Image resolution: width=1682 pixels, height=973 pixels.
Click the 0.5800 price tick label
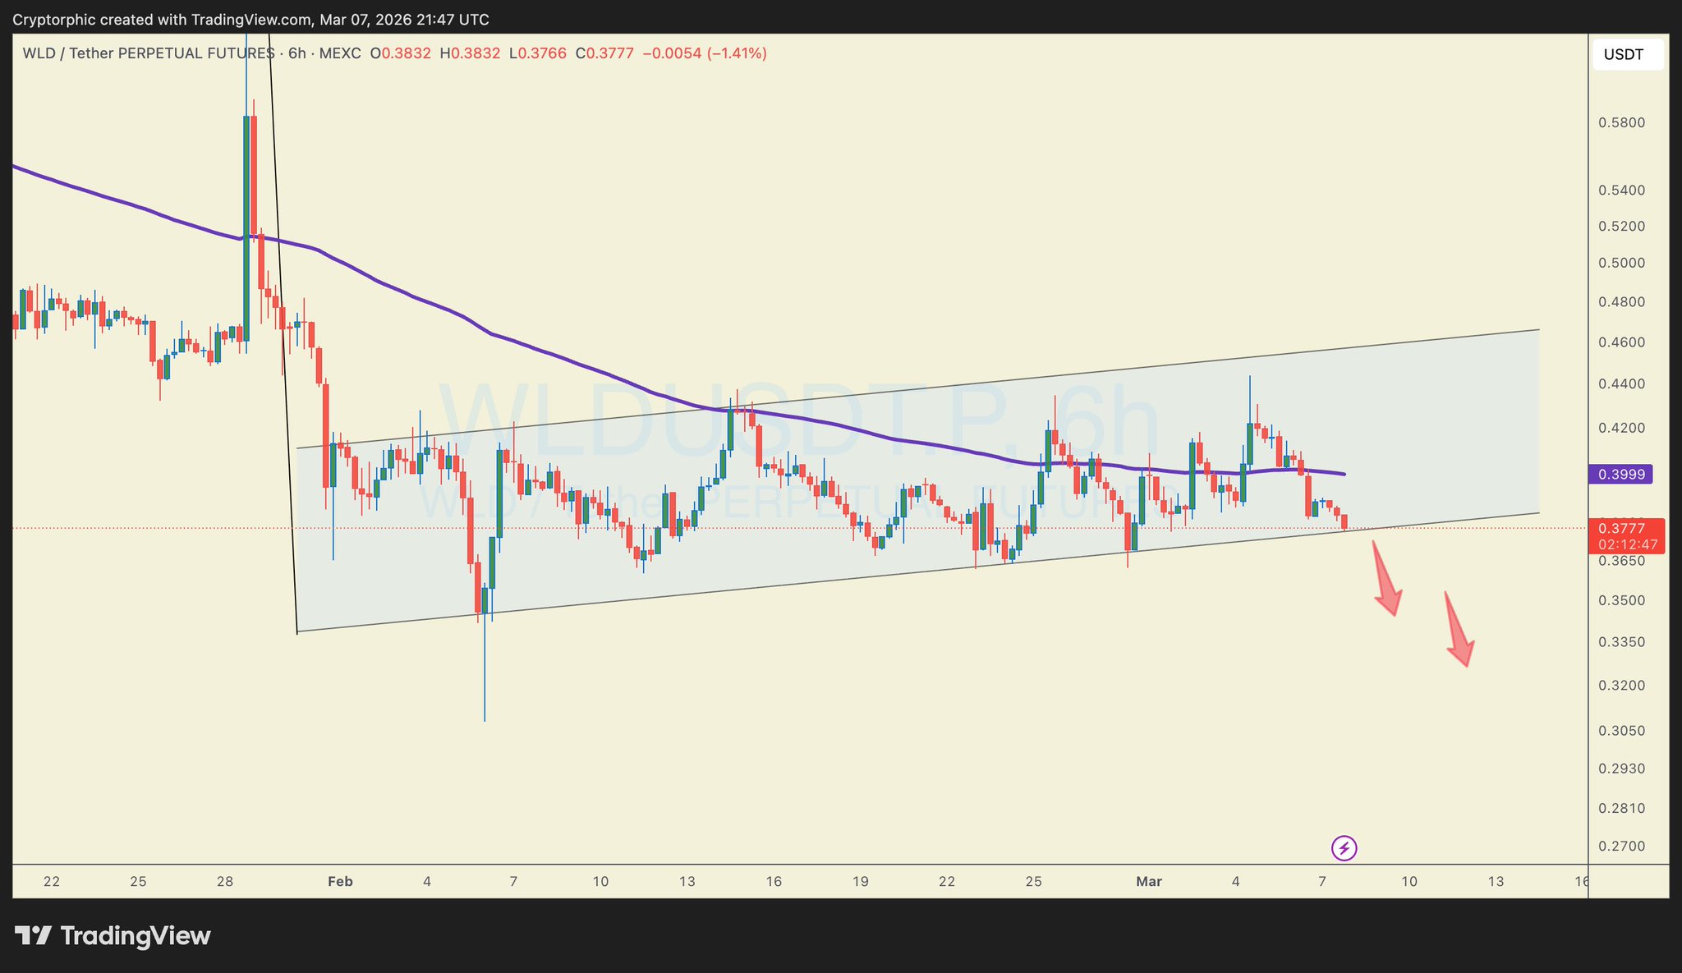[1621, 123]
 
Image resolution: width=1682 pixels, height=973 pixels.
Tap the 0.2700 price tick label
[1621, 846]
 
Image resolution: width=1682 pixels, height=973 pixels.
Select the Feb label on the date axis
[340, 882]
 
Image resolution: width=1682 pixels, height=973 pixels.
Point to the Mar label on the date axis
[1149, 882]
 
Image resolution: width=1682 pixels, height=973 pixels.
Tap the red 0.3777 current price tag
[1626, 528]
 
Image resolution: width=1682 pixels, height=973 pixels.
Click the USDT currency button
[1624, 55]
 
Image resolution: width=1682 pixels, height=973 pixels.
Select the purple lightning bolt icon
[1344, 847]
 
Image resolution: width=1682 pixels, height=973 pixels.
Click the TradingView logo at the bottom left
[113, 936]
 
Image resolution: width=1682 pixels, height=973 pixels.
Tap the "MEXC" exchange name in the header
[340, 53]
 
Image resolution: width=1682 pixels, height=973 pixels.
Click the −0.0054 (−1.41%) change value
[704, 53]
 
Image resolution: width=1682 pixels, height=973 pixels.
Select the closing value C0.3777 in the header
[604, 53]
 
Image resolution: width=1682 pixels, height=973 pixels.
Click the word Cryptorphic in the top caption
[49, 19]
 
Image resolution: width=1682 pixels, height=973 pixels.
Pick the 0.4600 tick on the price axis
[1621, 342]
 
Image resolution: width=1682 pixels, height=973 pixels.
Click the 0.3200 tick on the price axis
[1621, 686]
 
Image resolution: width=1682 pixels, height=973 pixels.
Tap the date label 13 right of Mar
[1496, 882]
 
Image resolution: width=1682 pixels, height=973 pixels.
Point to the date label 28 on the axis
[225, 882]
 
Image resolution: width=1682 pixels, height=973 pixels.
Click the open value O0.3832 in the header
[400, 53]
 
